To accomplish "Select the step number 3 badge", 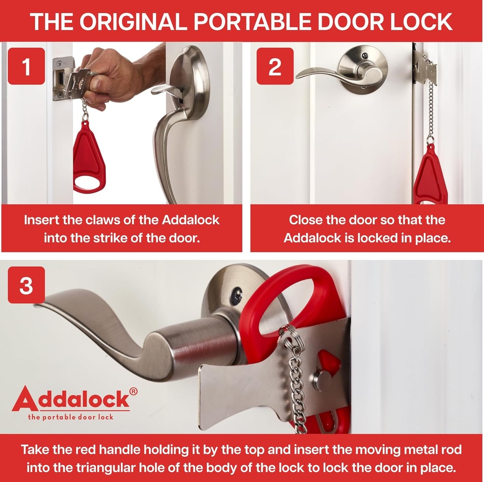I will pos(26,285).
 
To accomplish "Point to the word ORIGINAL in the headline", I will pos(136,21).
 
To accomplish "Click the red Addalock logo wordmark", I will pos(71,399).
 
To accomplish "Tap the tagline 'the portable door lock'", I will pos(70,417).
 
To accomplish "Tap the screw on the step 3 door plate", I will pos(236,296).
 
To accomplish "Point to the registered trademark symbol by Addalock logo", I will pos(133,391).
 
